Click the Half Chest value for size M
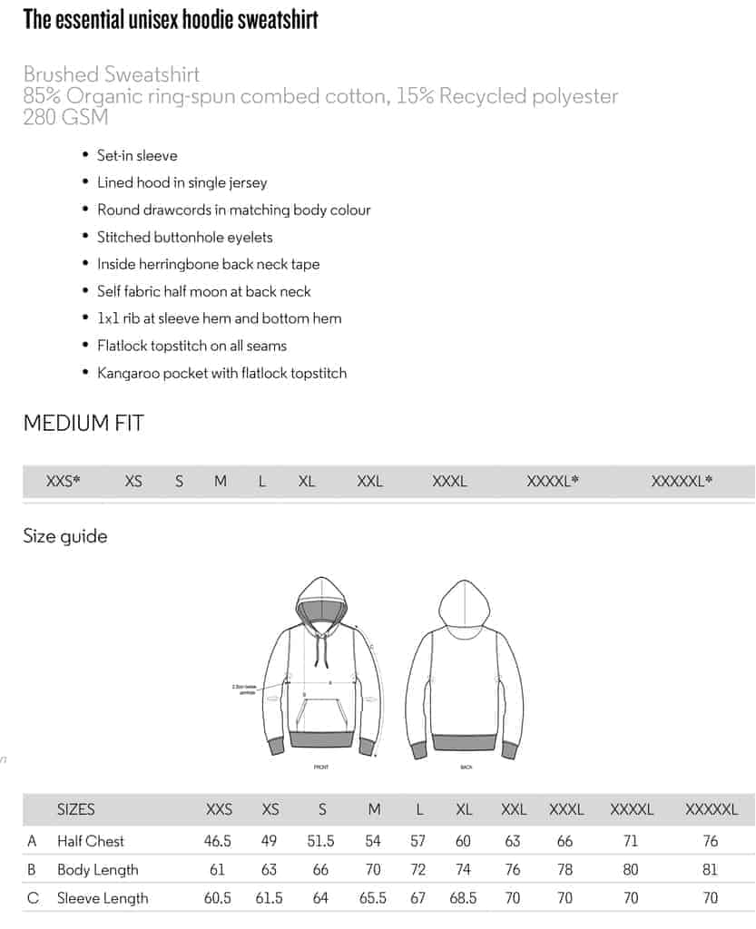coord(374,841)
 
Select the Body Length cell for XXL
coord(513,869)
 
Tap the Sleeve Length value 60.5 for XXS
coord(218,897)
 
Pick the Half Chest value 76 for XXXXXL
coord(711,841)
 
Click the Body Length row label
coord(97,869)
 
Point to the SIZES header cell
coord(75,809)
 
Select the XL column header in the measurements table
coord(464,809)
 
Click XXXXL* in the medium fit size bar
coord(553,482)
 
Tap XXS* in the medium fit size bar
coord(64,482)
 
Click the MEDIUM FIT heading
coord(83,423)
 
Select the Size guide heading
coord(65,536)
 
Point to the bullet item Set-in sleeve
coord(137,155)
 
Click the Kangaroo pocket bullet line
coord(221,373)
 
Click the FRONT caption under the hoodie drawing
coord(320,768)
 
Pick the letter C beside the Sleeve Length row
coord(33,897)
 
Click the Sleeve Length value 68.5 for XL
coord(463,897)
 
